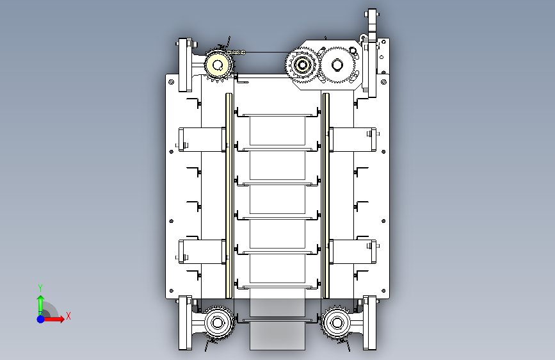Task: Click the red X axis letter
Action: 68,316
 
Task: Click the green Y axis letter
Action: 40,288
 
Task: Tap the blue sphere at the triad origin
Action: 41,319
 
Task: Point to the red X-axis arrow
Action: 53,319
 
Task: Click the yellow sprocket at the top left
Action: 219,65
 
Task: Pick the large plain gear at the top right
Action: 337,65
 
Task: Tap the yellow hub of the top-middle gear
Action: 302,65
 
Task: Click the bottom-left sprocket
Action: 218,323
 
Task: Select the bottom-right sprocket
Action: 337,323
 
